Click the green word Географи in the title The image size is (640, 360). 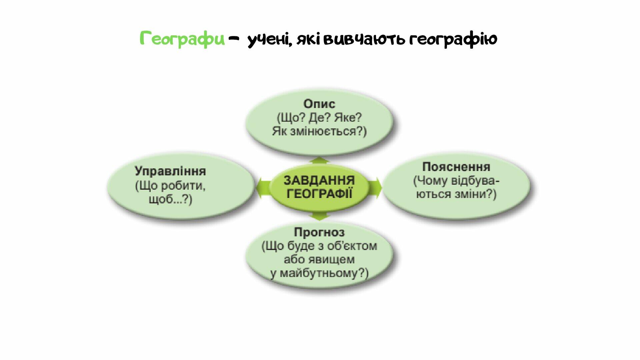[x=182, y=39]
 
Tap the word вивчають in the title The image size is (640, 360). [x=364, y=39]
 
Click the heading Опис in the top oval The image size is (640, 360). [x=319, y=104]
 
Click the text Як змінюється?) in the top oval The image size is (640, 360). [x=319, y=131]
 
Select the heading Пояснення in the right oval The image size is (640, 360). [x=456, y=167]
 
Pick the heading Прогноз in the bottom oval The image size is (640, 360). [x=319, y=232]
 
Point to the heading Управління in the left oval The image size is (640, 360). [x=170, y=171]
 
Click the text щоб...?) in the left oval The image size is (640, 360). [x=170, y=199]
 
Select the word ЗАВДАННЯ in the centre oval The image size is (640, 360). [x=319, y=180]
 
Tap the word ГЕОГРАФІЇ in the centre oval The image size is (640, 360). [x=319, y=194]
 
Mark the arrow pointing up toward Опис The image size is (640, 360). [x=319, y=161]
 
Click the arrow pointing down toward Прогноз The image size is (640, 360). [x=319, y=216]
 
